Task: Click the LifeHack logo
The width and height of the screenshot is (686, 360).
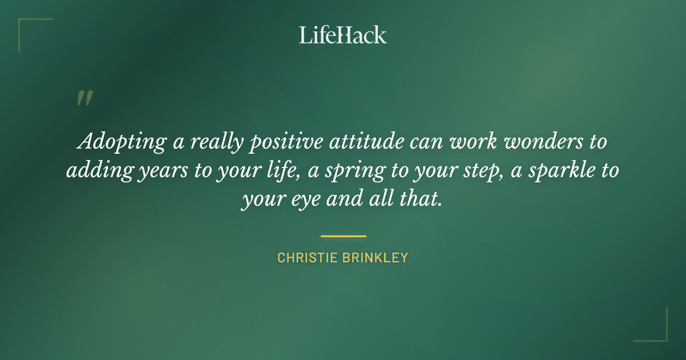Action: coord(343,35)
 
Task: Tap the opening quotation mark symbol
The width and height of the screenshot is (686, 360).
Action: coord(84,99)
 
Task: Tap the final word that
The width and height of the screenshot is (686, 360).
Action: coord(422,200)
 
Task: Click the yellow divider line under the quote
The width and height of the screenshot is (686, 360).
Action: coord(343,235)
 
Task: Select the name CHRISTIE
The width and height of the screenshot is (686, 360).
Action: coord(308,258)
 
